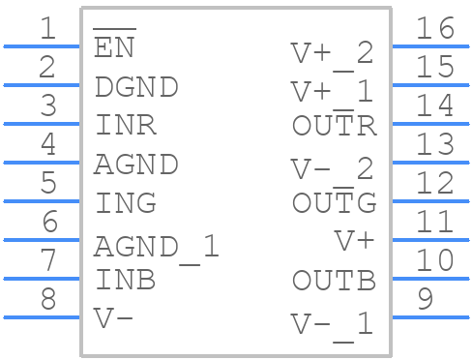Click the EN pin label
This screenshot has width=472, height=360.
114,48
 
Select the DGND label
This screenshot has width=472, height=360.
136,87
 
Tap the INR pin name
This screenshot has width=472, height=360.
126,126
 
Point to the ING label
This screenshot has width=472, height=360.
126,203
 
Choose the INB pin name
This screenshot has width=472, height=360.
126,281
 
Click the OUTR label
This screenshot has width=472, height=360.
334,126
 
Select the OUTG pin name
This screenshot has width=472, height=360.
334,203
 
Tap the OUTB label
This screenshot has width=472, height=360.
334,281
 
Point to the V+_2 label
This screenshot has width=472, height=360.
332,52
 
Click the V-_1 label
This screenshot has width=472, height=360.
332,323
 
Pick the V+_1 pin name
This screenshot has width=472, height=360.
332,92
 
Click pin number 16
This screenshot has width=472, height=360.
435,29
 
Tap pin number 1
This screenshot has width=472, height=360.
47,29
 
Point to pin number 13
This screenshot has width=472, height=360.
435,145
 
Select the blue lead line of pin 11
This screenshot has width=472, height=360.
429,239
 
